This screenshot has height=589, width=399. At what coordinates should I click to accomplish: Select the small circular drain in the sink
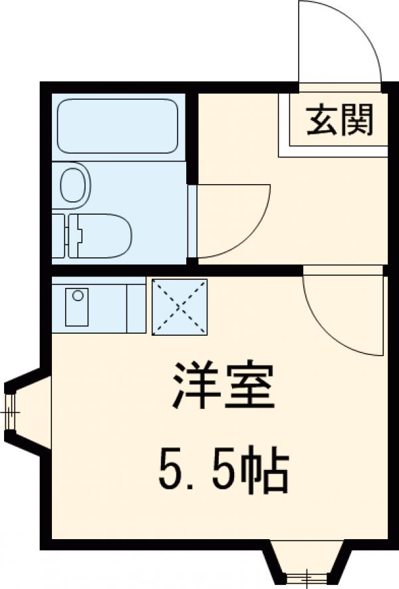tap(78, 294)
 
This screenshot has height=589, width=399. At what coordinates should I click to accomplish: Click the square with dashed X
tap(180, 306)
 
